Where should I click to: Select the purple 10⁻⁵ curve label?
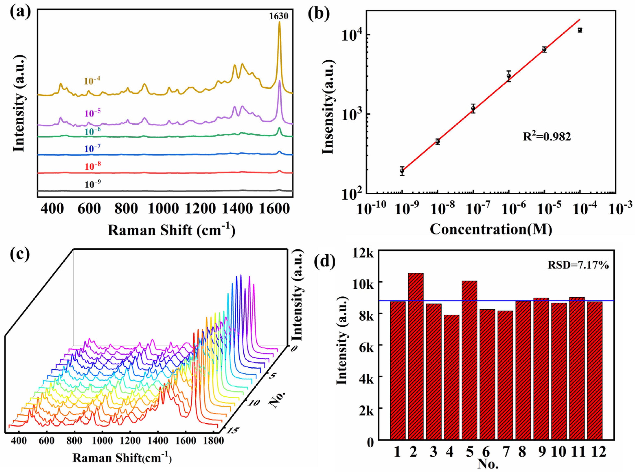92,113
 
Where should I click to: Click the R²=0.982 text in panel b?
547,137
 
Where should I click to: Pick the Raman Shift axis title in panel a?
171,230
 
